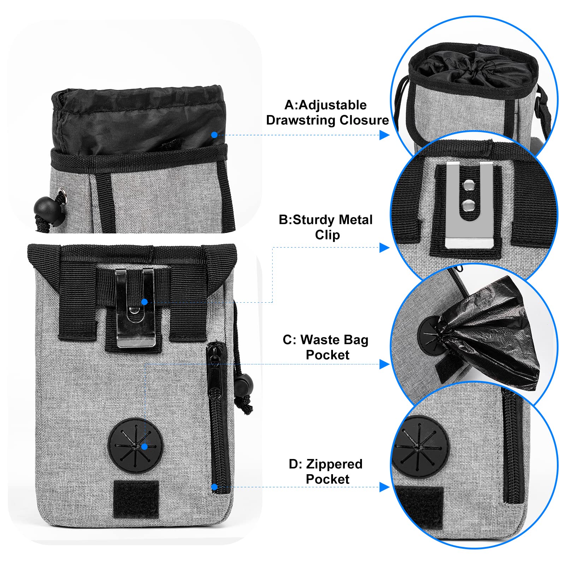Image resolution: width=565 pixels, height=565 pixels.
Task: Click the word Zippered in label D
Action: (x=334, y=464)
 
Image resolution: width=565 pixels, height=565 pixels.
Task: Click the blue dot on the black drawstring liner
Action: (x=214, y=135)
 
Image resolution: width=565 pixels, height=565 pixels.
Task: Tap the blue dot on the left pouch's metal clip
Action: (x=144, y=302)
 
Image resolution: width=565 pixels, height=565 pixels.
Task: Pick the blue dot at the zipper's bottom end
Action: (x=214, y=487)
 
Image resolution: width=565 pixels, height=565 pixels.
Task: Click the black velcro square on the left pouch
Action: (x=136, y=499)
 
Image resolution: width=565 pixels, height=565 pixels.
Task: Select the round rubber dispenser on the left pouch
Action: (x=136, y=446)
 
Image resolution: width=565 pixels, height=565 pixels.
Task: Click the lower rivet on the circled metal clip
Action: (x=469, y=204)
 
